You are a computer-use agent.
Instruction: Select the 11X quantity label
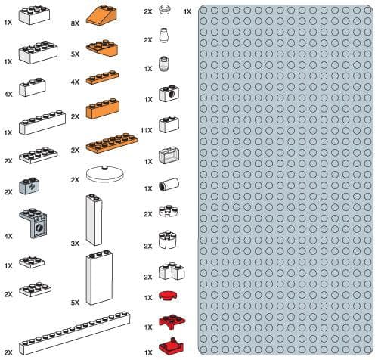pyautogui.click(x=147, y=130)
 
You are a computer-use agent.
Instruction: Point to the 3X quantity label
pyautogui.click(x=76, y=243)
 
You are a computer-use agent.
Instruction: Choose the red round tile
pyautogui.click(x=168, y=296)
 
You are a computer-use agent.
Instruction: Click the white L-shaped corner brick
pyautogui.click(x=169, y=270)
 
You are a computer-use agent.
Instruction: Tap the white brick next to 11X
pyautogui.click(x=168, y=125)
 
